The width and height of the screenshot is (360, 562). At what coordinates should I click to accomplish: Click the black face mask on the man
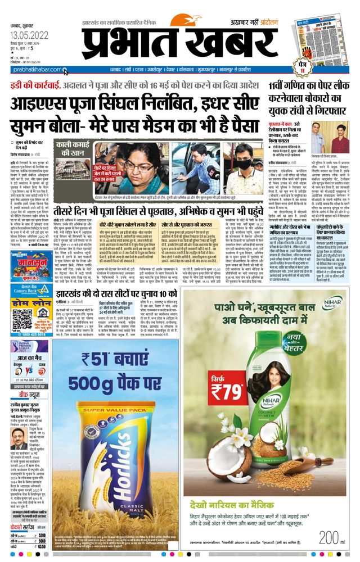click(x=243, y=167)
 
